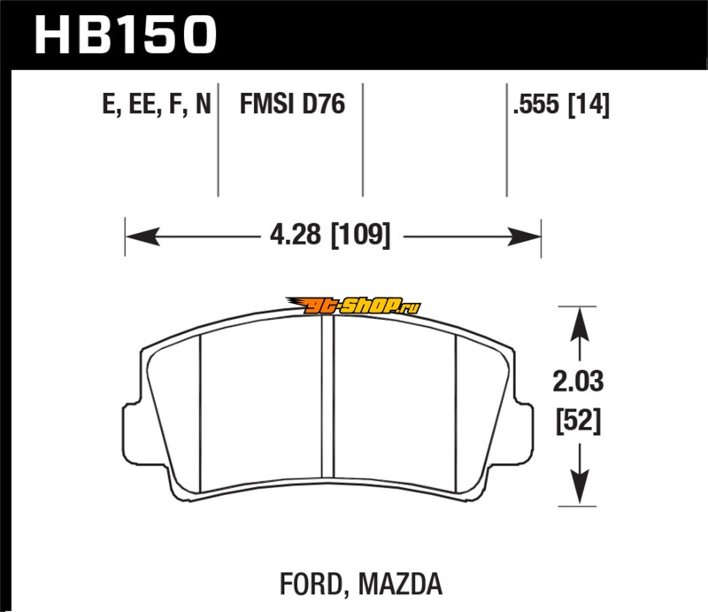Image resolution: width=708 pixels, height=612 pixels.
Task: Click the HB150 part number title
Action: pos(126,35)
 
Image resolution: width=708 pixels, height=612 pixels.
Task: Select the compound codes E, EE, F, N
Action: pos(157,104)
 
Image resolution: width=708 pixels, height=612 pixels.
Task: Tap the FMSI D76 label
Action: pos(292,104)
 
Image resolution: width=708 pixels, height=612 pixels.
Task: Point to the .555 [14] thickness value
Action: pos(561,105)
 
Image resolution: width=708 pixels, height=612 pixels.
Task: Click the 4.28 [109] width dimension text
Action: pos(330,235)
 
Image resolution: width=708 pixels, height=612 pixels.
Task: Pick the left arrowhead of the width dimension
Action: pos(143,236)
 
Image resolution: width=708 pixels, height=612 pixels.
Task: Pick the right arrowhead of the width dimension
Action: pos(524,236)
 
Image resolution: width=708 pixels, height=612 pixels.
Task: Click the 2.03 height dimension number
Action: pos(578,381)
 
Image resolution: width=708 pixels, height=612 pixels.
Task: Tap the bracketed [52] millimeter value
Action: pos(579,421)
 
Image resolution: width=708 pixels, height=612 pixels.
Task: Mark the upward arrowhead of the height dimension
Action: pos(580,324)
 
